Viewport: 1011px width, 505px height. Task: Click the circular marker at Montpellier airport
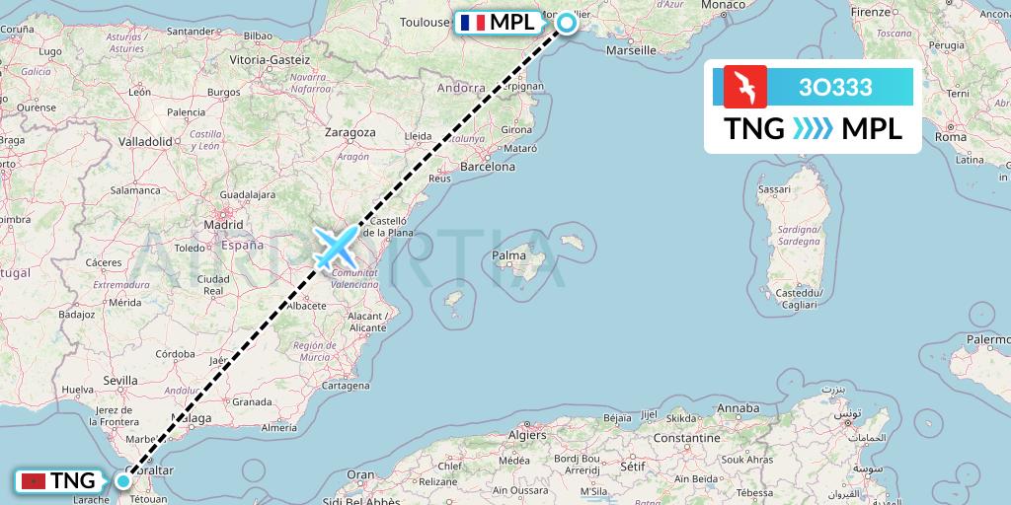[x=568, y=23]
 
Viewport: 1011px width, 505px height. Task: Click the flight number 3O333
[x=835, y=88]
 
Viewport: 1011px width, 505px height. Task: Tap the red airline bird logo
[x=744, y=87]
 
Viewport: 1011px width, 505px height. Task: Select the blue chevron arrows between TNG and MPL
[x=813, y=129]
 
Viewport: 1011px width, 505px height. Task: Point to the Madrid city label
[x=223, y=225]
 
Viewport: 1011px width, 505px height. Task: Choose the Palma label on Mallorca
[x=509, y=257]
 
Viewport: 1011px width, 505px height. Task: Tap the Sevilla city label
[x=119, y=380]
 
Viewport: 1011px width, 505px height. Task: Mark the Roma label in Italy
[x=951, y=137]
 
